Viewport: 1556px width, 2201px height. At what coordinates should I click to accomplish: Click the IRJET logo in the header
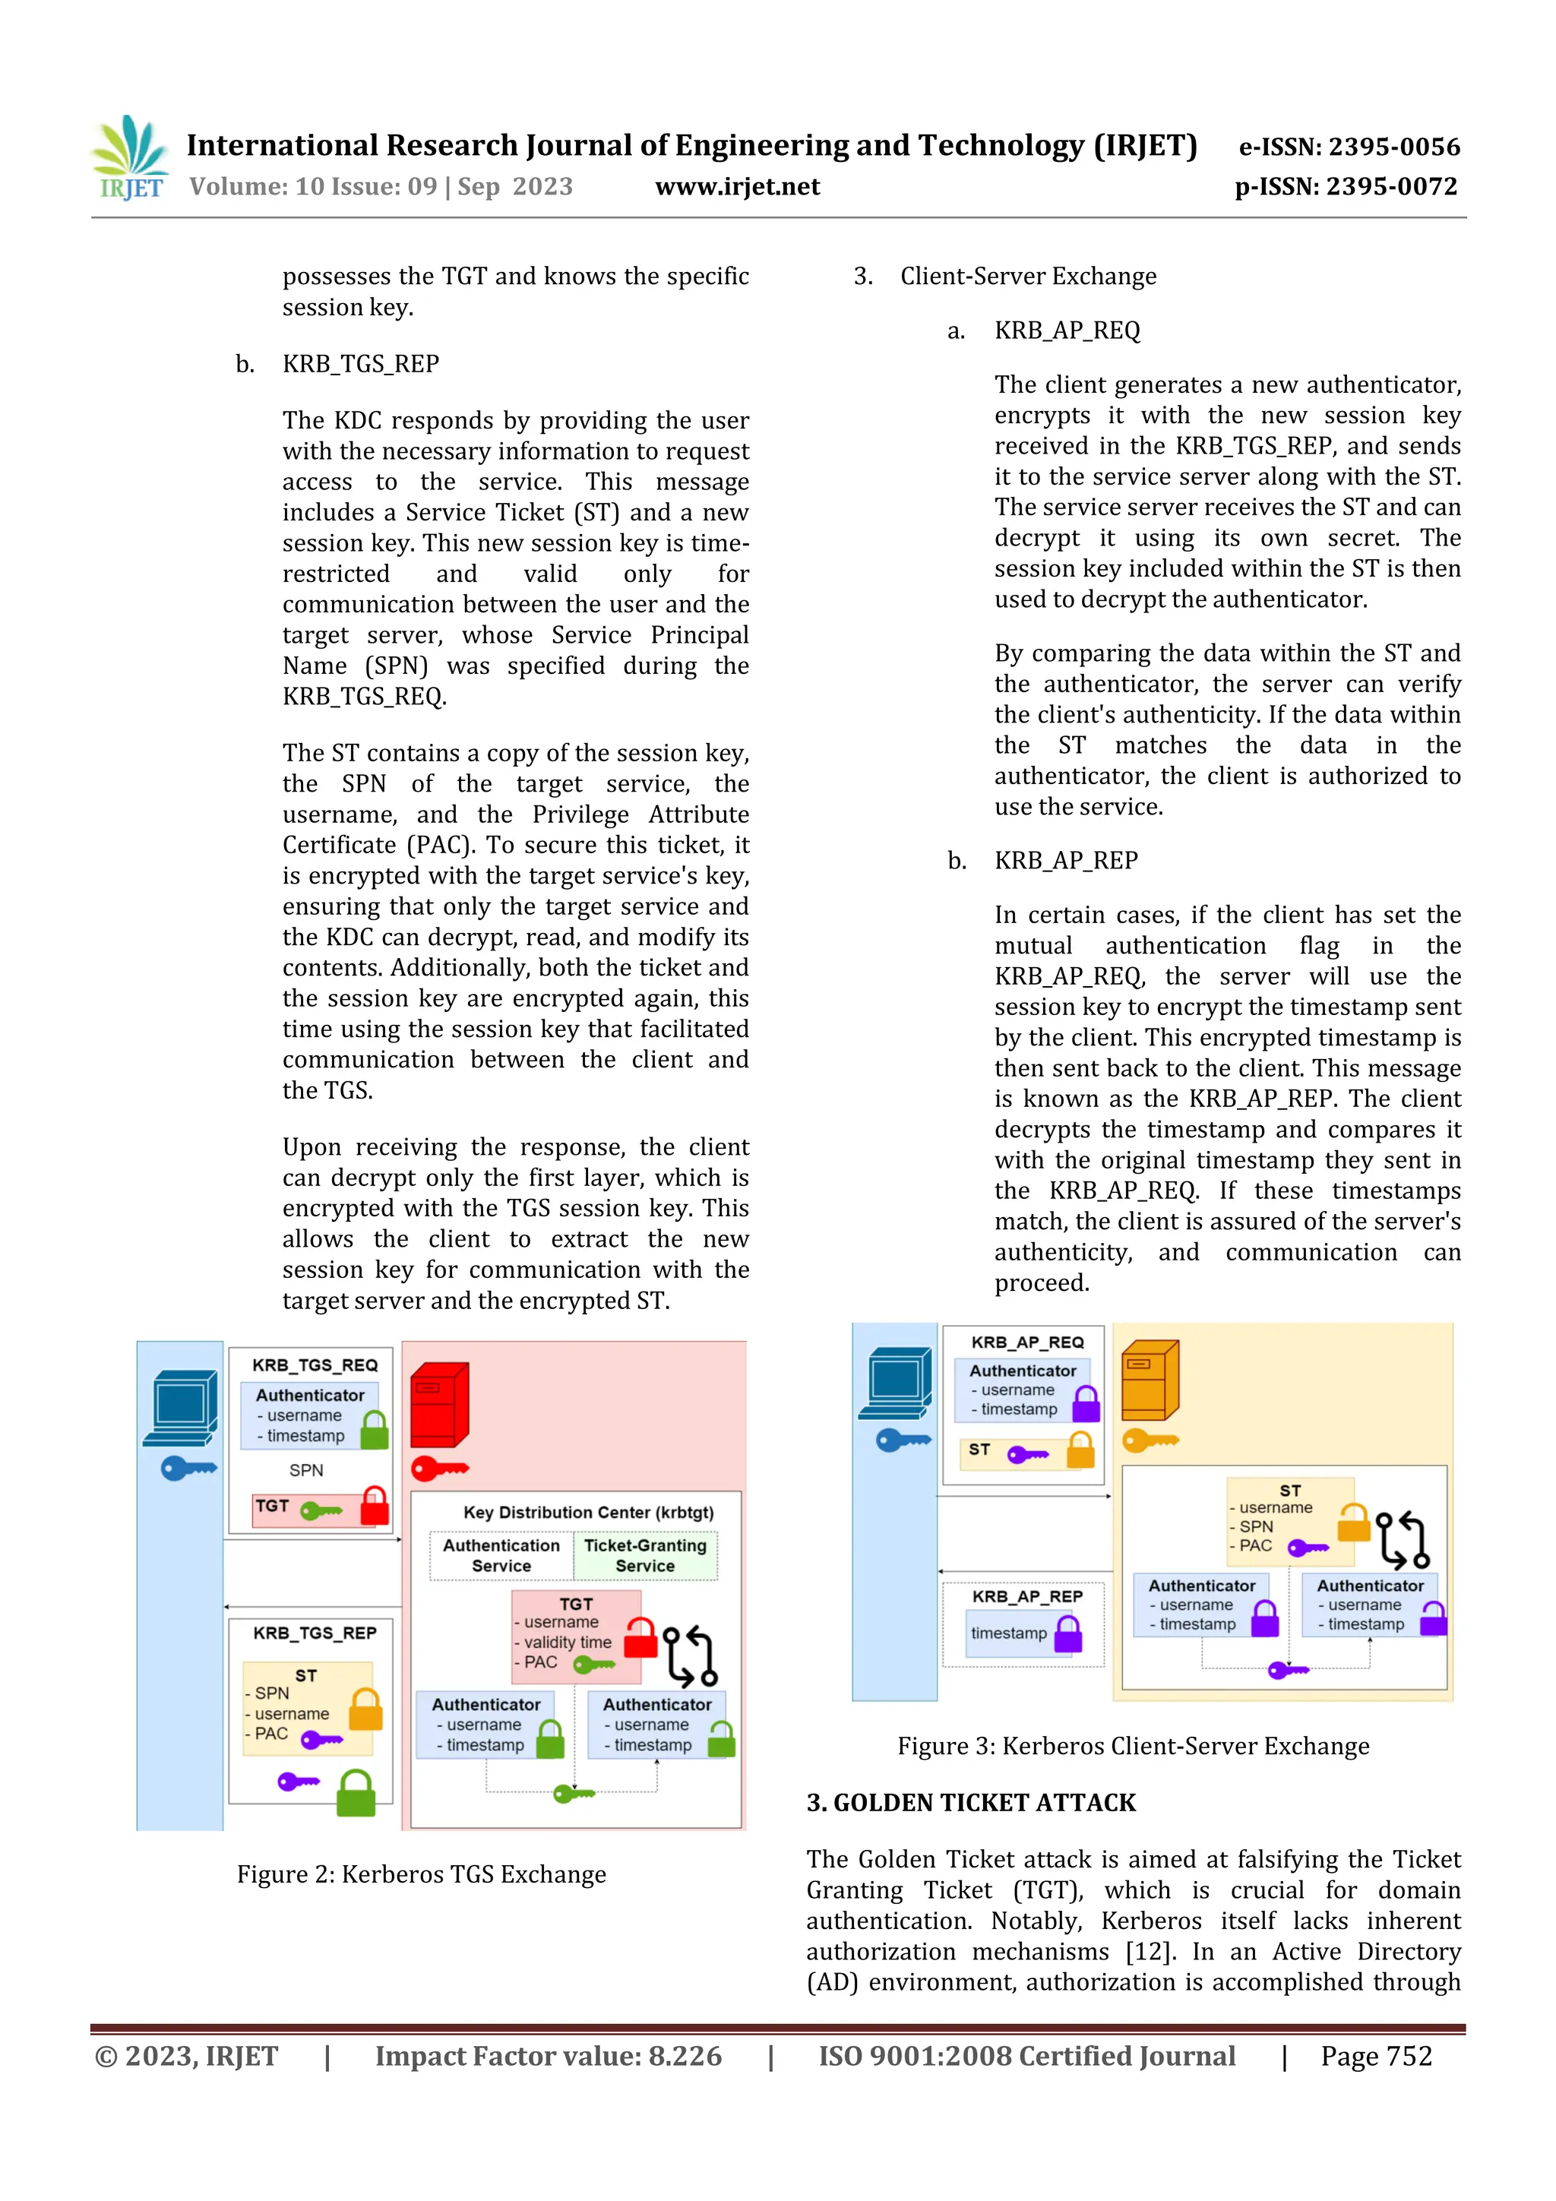point(128,157)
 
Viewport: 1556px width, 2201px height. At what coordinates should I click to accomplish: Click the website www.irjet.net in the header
point(737,186)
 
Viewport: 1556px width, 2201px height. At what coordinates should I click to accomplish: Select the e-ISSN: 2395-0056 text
point(1349,147)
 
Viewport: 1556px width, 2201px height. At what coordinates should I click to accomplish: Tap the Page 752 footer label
point(1376,2055)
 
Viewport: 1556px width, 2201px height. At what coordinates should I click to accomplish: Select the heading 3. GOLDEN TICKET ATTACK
point(970,1802)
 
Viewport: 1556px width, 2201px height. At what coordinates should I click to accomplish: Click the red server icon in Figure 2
point(439,1404)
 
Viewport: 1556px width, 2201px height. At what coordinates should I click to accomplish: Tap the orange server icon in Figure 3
point(1150,1380)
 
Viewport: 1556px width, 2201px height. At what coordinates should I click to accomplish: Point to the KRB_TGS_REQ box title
point(315,1364)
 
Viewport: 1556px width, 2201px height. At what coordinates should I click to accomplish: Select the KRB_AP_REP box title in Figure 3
point(1026,1596)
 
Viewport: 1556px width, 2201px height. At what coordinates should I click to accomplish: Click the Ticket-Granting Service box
point(645,1555)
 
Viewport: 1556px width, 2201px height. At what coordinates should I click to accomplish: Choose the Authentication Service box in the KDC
point(501,1555)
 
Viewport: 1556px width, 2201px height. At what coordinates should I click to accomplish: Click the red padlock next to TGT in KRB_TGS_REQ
point(374,1506)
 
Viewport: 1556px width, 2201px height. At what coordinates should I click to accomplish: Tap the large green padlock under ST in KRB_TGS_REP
point(356,1792)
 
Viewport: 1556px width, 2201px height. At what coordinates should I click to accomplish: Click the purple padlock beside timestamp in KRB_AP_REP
point(1068,1633)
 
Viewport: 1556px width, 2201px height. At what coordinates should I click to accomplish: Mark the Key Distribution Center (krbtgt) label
point(588,1512)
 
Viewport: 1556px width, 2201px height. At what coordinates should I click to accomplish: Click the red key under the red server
point(439,1468)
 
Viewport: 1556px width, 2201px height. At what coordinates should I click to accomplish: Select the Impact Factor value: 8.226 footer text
point(548,2055)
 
